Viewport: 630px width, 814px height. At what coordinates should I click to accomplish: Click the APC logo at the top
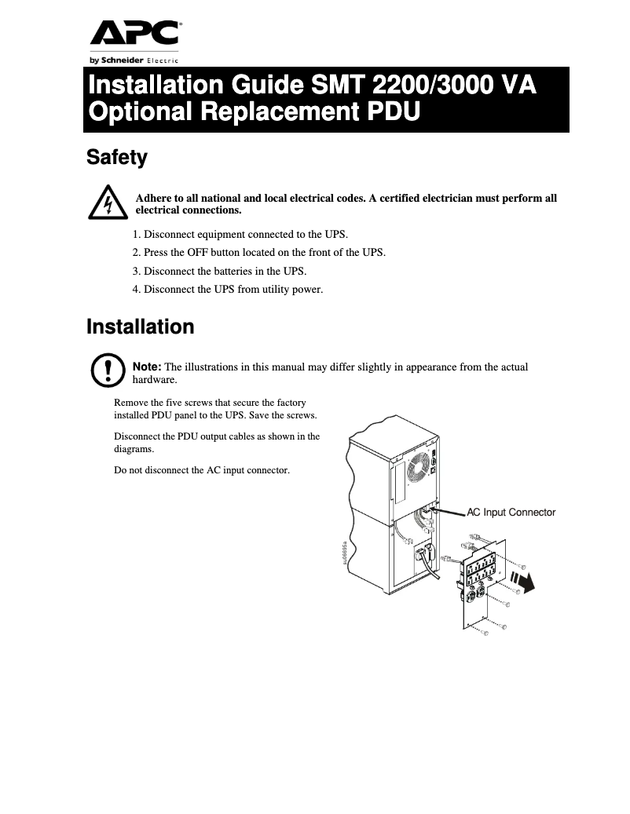pos(134,34)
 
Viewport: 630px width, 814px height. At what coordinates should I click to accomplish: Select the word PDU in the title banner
pos(391,112)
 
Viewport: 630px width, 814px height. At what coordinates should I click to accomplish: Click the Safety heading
pos(116,158)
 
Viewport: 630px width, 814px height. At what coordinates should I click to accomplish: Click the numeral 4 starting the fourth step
pos(135,290)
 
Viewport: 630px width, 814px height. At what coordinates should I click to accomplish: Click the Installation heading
pos(140,327)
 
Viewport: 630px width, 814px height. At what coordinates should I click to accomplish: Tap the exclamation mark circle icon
pos(108,370)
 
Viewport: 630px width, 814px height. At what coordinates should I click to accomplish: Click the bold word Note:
pos(147,367)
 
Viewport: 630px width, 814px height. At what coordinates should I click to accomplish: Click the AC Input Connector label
pos(511,513)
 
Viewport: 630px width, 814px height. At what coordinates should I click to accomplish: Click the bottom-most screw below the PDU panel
pos(485,632)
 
